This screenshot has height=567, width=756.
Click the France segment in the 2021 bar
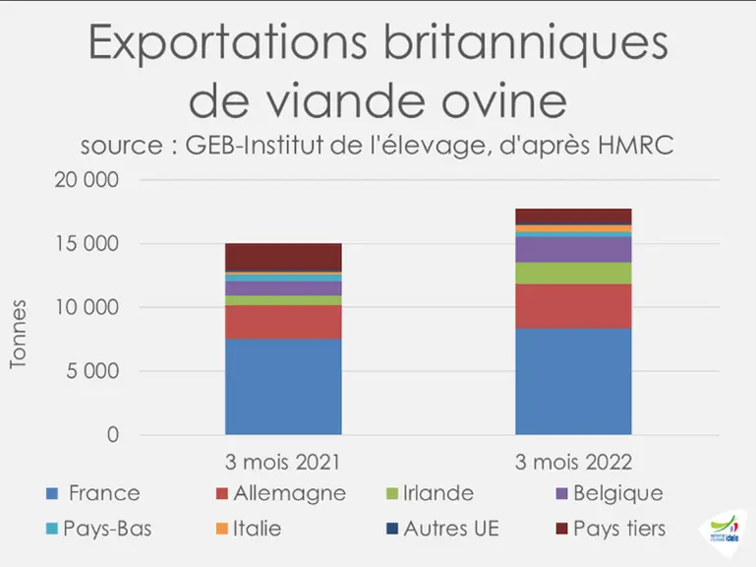[283, 387]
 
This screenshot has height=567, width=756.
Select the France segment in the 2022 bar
[573, 382]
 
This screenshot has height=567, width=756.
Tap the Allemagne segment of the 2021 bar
[283, 322]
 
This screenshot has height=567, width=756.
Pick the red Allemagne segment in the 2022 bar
[573, 306]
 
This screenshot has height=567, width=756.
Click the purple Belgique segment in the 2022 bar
[573, 250]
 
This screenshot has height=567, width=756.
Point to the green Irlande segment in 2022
[573, 274]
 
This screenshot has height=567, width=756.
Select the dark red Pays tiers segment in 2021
[283, 258]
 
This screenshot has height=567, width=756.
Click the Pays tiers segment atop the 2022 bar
[573, 217]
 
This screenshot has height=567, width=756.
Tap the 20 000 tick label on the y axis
[87, 180]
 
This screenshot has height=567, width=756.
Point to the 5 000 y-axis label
[92, 371]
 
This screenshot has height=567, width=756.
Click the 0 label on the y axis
[113, 435]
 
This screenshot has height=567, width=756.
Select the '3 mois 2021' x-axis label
[282, 463]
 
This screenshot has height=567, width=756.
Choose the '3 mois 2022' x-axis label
[573, 463]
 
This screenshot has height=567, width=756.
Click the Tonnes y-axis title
[18, 335]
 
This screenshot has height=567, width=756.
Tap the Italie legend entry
[249, 529]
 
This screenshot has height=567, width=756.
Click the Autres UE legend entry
[442, 529]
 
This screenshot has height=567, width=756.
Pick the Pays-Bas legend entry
[99, 529]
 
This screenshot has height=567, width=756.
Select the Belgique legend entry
[610, 493]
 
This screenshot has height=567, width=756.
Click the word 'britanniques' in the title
[526, 43]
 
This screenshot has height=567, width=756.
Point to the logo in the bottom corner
[725, 531]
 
